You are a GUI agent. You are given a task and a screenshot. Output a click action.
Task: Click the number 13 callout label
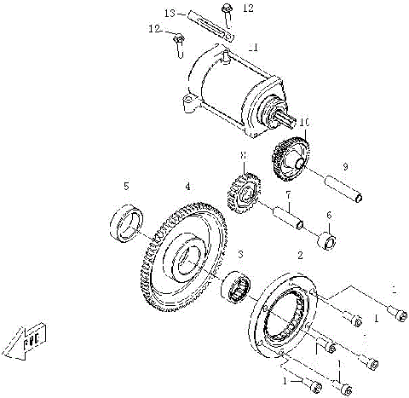169,14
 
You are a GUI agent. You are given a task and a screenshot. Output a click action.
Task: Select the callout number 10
304,124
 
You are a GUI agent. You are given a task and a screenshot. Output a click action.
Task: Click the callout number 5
127,185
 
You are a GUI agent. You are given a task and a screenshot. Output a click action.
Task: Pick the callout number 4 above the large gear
187,185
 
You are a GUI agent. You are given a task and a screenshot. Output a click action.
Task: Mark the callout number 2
298,255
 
